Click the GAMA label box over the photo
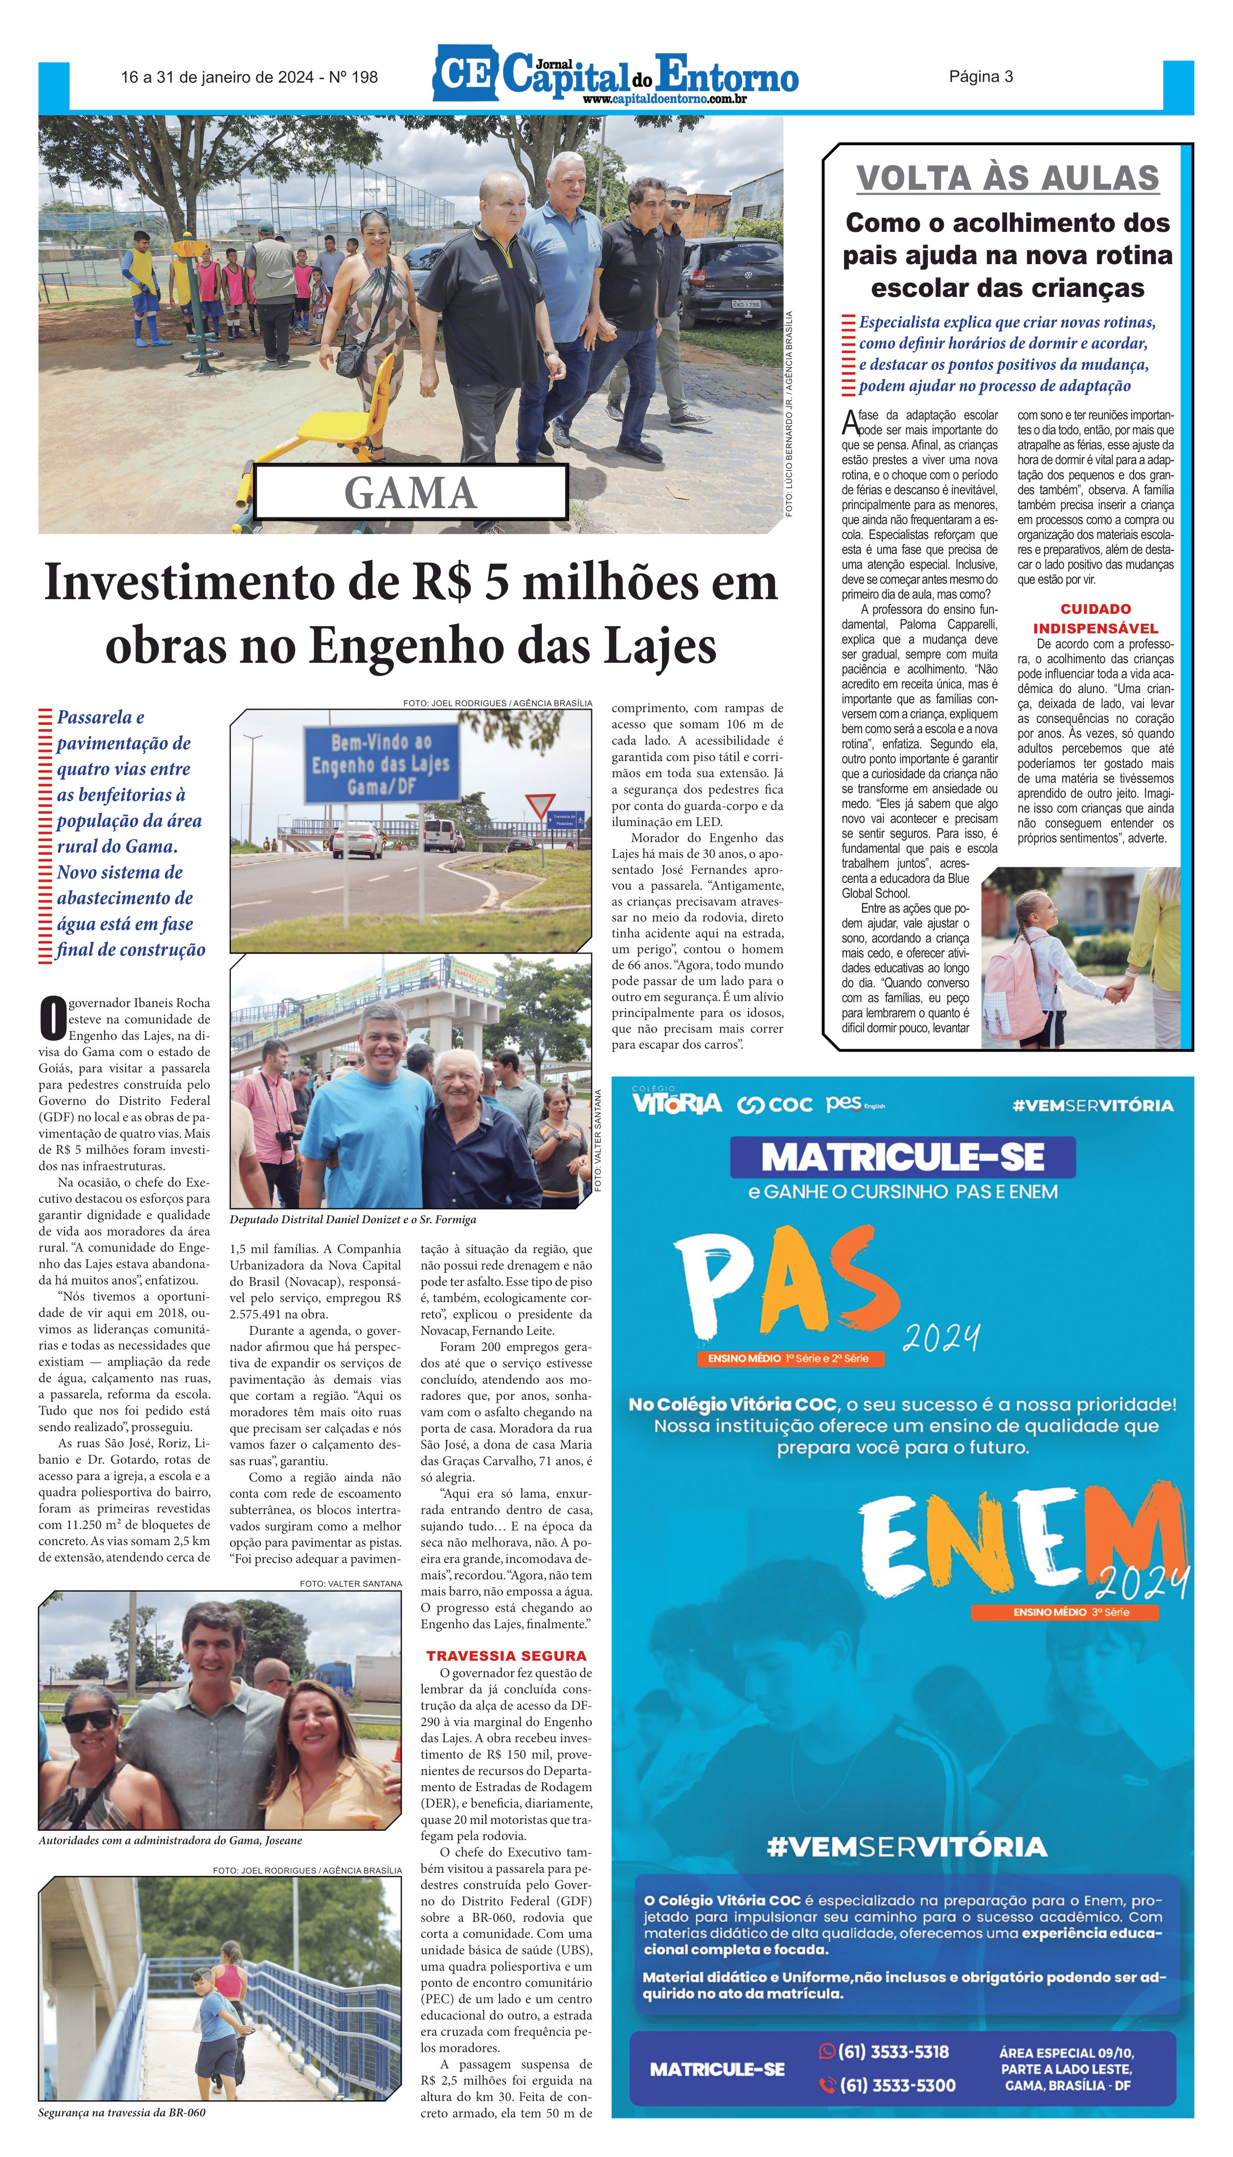(411, 493)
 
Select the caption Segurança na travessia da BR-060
(122, 2113)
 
